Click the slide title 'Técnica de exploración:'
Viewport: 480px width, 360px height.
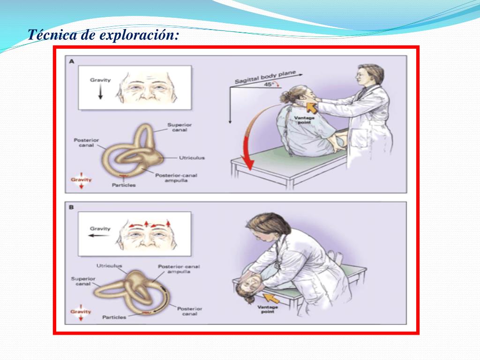[x=103, y=35]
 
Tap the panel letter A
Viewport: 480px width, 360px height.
[x=72, y=61]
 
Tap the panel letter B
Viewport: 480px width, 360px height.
[x=71, y=207]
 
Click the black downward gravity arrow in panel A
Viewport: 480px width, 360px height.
[x=100, y=92]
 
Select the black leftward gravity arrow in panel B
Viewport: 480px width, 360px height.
[x=98, y=235]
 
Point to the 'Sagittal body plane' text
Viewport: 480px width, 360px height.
[x=265, y=77]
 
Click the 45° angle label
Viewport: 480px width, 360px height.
[x=269, y=84]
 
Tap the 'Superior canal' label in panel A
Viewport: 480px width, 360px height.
[x=180, y=127]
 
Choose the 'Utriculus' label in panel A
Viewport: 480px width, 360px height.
[x=192, y=157]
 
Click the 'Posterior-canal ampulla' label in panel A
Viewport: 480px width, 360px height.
[x=176, y=178]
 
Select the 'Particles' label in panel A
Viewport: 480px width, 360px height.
[x=124, y=185]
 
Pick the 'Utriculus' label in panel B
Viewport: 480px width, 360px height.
[x=109, y=266]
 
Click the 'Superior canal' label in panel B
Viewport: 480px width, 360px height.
[x=83, y=281]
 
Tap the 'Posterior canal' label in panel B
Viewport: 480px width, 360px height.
[x=189, y=311]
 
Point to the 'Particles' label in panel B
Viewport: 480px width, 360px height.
[x=114, y=317]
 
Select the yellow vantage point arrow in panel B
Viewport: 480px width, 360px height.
[x=271, y=298]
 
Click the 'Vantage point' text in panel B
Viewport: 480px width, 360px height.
[x=268, y=309]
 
